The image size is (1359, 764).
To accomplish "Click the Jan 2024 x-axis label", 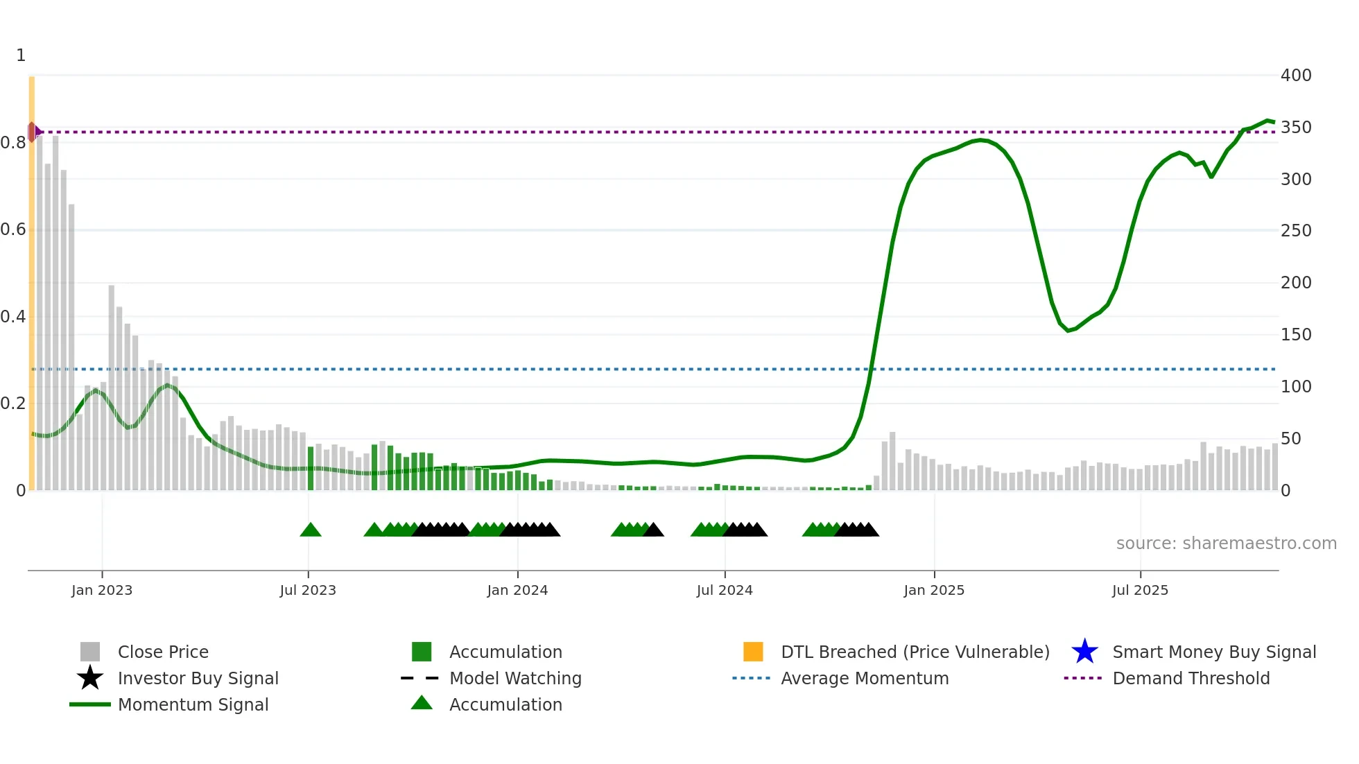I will [x=517, y=590].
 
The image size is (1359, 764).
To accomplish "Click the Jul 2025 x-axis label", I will [x=1140, y=590].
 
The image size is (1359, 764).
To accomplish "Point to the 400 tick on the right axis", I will [x=1295, y=75].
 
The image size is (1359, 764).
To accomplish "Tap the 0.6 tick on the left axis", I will [x=13, y=229].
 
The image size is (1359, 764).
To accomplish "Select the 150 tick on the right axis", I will [x=1295, y=334].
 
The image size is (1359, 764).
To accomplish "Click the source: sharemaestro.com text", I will [x=1226, y=543].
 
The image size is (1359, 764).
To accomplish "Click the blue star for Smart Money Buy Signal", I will [x=1084, y=652].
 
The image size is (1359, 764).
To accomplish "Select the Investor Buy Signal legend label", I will [x=198, y=678].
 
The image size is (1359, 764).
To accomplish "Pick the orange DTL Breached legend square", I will [x=753, y=652].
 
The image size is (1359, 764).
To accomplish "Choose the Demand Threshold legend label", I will [x=1191, y=678].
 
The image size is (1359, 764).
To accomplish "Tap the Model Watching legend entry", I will [x=514, y=678].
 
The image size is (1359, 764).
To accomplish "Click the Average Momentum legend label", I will [x=864, y=678].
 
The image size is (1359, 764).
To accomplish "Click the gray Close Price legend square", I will [x=90, y=652].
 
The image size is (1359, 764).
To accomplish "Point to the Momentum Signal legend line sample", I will [x=90, y=704].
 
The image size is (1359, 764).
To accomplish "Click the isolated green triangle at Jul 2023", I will [x=311, y=530].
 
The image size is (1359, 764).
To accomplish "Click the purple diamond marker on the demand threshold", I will [x=33, y=132].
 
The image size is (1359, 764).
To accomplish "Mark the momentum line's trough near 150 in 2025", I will [x=1068, y=331].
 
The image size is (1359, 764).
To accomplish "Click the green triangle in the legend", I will [x=422, y=703].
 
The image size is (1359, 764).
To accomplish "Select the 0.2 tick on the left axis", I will [x=13, y=403].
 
